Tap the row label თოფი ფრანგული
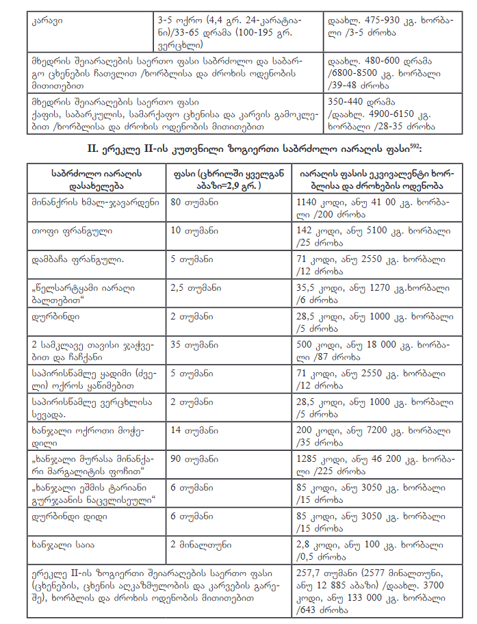coord(62,231)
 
